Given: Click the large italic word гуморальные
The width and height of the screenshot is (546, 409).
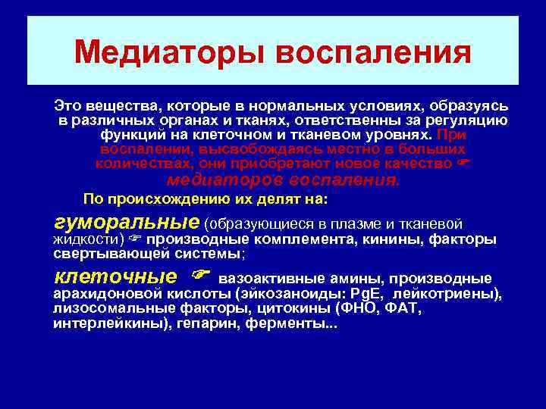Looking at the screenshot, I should coord(126,223).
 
